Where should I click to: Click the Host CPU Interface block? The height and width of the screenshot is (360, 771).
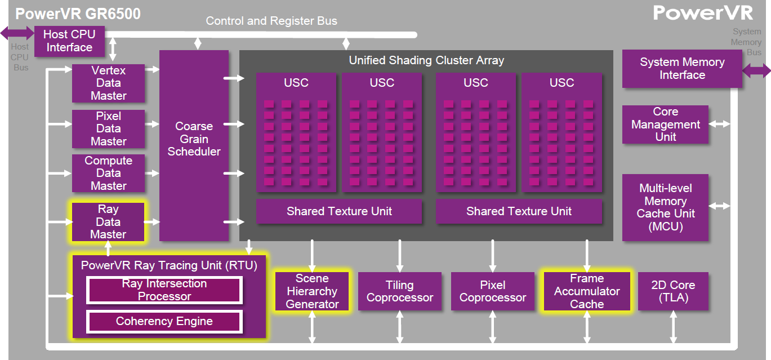pos(69,41)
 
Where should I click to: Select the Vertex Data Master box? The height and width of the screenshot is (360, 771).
pos(108,83)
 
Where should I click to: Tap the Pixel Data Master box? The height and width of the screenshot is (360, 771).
pos(108,128)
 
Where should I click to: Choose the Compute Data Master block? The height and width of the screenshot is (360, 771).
pos(108,173)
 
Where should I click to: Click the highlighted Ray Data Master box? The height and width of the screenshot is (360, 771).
pos(108,222)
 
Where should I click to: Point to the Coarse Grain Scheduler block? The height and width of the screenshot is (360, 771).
pos(194,145)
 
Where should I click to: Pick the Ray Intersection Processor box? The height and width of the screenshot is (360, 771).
pos(164,290)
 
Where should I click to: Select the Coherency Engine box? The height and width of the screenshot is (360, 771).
pos(164,322)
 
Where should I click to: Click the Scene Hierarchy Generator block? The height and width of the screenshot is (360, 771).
pos(312,291)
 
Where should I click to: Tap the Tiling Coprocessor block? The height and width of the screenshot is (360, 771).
pos(400,291)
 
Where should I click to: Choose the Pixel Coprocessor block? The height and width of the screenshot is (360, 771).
pos(493,291)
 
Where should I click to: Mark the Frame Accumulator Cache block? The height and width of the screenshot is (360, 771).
pos(587,291)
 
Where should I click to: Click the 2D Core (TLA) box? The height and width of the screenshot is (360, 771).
pos(673,291)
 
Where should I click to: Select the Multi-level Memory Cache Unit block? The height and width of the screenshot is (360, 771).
pos(665,207)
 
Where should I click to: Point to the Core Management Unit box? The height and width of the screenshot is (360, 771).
pos(665,125)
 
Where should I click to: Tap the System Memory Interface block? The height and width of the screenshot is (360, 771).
pos(682,69)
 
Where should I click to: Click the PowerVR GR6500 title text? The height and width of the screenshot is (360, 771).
pos(78,14)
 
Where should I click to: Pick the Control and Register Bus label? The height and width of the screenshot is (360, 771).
pos(271,21)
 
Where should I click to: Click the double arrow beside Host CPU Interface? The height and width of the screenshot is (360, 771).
pos(17,33)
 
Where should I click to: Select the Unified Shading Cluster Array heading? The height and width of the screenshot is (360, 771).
pos(426,60)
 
